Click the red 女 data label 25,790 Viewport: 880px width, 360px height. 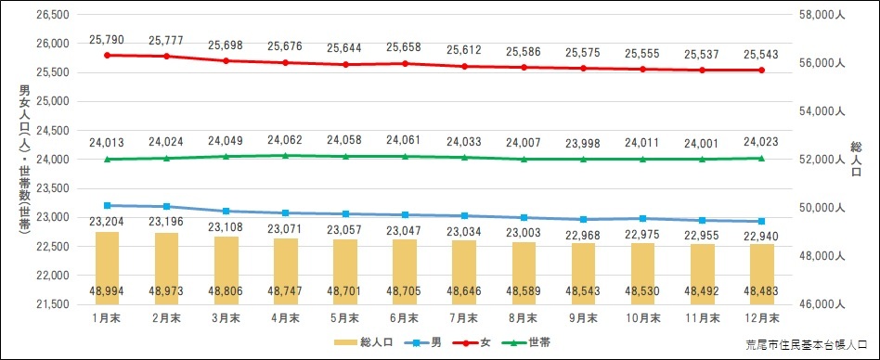tap(107, 40)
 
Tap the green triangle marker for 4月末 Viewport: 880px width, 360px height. tap(286, 156)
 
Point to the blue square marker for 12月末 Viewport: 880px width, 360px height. tap(761, 222)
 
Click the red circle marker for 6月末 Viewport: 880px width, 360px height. tap(405, 63)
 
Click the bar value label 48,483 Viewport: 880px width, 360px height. tap(761, 290)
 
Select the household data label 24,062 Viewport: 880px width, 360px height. tap(286, 141)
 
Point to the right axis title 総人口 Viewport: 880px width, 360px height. tap(854, 159)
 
